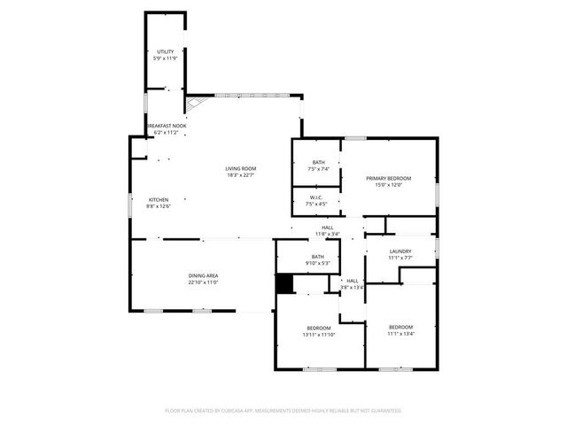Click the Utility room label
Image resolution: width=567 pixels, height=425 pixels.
pos(166,52)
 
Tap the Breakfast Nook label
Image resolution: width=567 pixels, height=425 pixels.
pos(166,127)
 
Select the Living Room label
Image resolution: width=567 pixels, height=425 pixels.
pos(240,168)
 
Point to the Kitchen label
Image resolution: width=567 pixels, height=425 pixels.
pos(159,200)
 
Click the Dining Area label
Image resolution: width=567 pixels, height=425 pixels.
pos(203,276)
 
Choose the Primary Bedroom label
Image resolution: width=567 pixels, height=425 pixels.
pos(390,178)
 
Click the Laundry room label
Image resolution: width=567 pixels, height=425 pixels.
pos(400,251)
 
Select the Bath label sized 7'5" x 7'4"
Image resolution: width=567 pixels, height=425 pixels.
pos(318,162)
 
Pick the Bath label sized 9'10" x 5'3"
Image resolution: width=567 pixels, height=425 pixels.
pos(318,257)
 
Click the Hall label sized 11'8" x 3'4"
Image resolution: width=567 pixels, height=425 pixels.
pos(327,228)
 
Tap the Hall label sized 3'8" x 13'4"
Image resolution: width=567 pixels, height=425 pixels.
pos(352,281)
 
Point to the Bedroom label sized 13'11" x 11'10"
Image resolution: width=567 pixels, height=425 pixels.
pos(320,328)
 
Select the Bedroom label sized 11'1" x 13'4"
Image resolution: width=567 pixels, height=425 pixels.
pos(400,328)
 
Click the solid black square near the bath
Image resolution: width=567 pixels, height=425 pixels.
pos(283,283)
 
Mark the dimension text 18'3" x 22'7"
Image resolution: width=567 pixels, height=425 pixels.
pos(240,174)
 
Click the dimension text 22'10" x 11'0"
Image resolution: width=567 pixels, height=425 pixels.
pos(203,282)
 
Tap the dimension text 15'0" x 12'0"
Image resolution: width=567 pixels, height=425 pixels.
pos(390,185)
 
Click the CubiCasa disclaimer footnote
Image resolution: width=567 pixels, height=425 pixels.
pos(283,411)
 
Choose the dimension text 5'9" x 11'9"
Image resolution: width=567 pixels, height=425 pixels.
pos(166,58)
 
